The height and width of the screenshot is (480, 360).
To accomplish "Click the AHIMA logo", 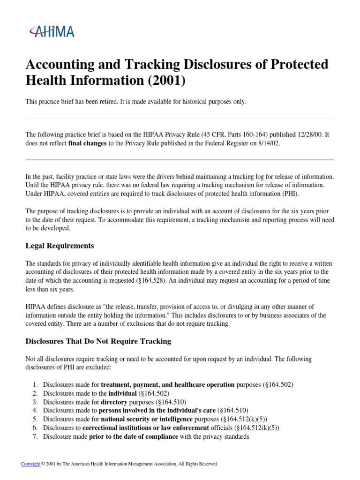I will click(52, 31).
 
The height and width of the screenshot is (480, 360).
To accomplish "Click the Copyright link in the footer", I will click(30, 464).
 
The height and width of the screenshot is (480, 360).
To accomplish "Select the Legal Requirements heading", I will click(60, 246).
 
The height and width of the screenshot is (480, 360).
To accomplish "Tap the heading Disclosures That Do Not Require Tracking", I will click(98, 341).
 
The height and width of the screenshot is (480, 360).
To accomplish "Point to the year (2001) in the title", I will click(168, 81).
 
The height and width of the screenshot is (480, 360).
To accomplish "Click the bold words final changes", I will click(87, 143).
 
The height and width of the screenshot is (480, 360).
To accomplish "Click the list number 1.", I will click(35, 384).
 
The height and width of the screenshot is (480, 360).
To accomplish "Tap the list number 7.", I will click(35, 436).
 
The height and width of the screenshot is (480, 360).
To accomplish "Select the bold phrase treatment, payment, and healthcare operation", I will click(168, 384).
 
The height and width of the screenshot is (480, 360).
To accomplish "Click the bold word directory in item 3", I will click(114, 402).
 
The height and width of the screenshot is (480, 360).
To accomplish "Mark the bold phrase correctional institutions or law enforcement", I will click(146, 427).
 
